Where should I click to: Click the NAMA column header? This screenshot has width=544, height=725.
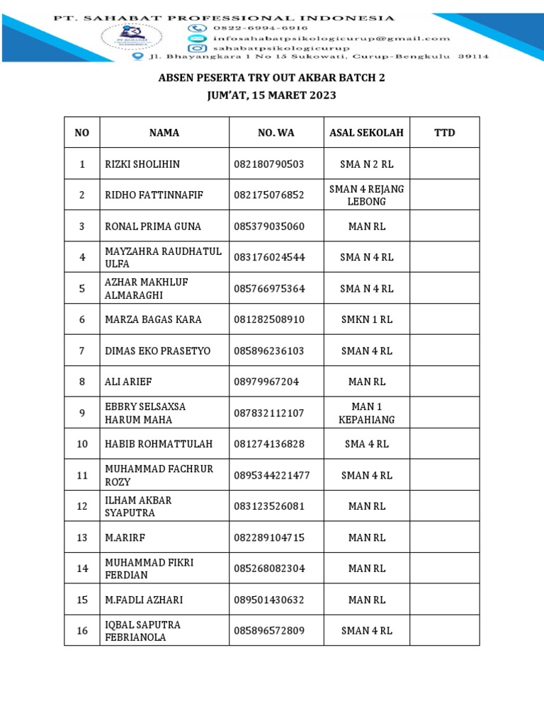click(164, 132)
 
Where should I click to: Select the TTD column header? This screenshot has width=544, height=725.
click(444, 132)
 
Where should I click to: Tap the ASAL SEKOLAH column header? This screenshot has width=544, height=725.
click(366, 132)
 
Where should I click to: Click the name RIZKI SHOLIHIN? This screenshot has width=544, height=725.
click(142, 164)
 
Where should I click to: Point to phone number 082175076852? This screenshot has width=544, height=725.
click(268, 195)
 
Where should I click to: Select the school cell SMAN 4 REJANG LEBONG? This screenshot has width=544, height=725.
click(366, 195)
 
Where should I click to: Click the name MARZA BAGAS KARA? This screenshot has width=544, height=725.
click(153, 319)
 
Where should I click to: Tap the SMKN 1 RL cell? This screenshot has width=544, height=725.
click(366, 319)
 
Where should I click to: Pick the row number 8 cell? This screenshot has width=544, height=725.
click(82, 382)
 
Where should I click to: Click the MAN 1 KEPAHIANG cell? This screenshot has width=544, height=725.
click(366, 413)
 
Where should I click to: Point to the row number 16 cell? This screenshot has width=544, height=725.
click(82, 631)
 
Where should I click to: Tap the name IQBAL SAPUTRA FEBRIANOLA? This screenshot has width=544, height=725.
click(142, 631)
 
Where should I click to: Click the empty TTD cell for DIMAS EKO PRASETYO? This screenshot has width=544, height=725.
click(444, 350)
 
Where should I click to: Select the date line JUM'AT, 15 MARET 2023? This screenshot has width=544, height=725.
click(271, 95)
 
